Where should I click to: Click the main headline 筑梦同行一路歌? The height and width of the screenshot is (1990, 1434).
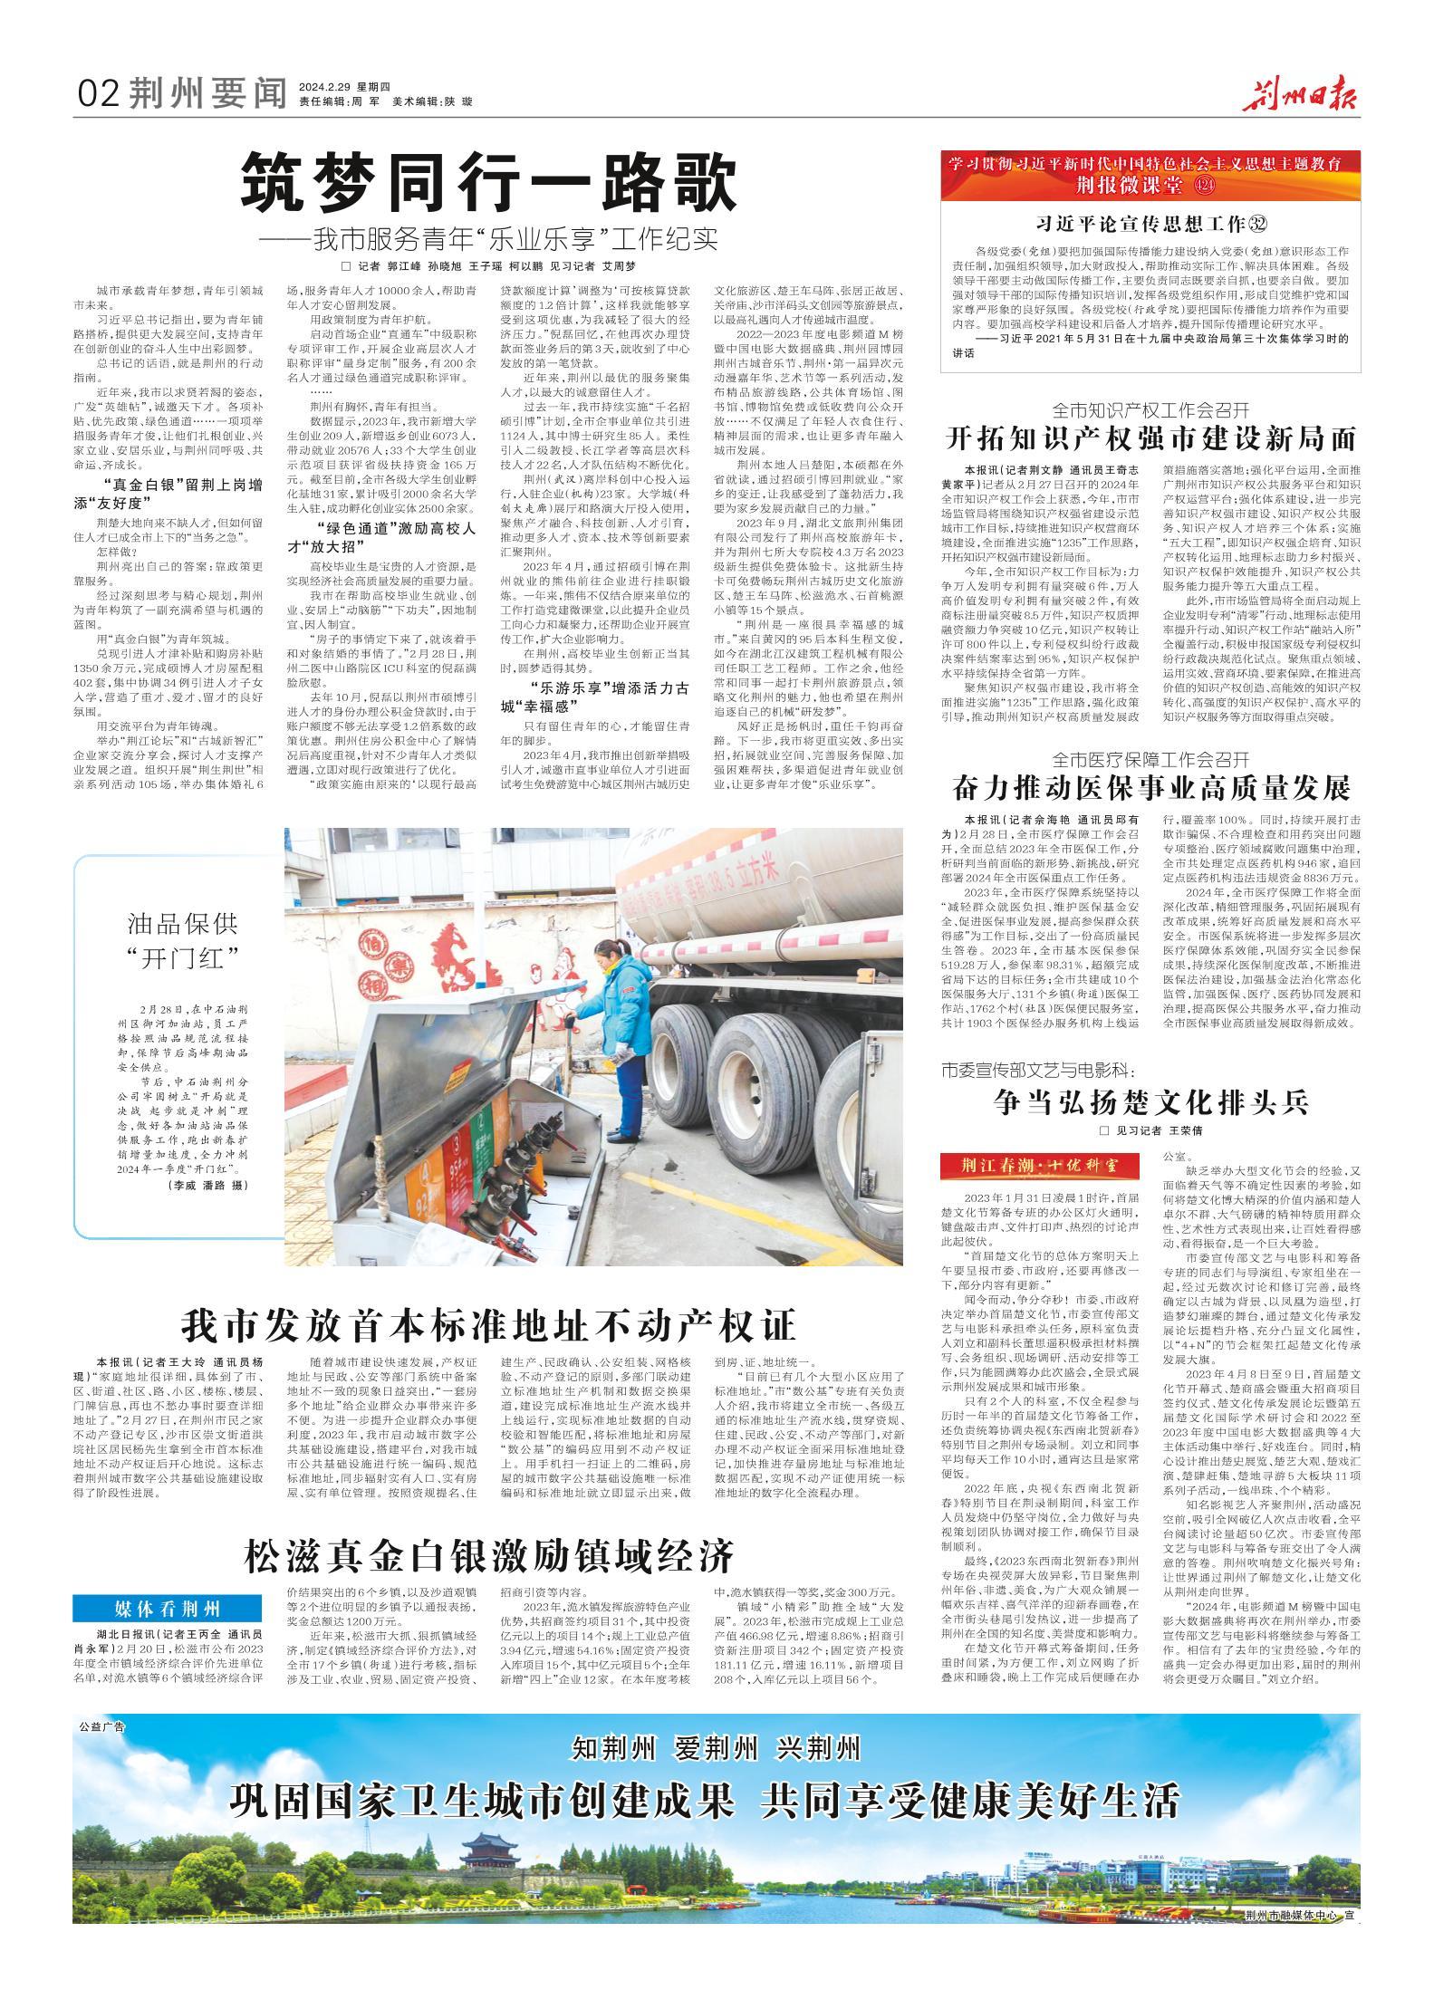(x=488, y=186)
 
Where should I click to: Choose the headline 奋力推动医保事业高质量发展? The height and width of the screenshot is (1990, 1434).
(x=1150, y=788)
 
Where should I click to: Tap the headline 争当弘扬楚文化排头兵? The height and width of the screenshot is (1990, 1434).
(x=1150, y=1102)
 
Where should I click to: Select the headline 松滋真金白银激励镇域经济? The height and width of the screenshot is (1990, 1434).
(x=488, y=1556)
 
